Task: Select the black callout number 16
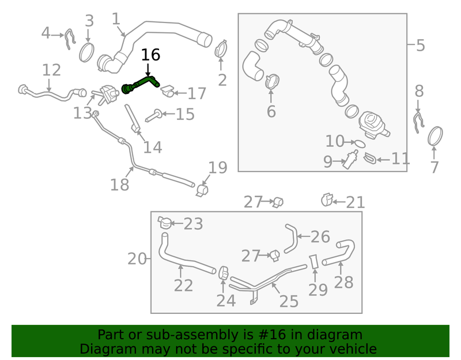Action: point(150,55)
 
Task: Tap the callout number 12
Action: point(51,70)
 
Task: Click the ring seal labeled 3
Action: point(87,52)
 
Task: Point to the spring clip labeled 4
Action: point(70,39)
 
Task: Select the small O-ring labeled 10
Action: point(360,143)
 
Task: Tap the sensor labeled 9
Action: point(350,160)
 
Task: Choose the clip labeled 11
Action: point(370,158)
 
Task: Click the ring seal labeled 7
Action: point(435,136)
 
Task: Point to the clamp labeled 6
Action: point(272,81)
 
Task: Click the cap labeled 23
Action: point(165,222)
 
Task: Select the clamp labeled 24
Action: point(224,273)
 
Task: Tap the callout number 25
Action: point(289,301)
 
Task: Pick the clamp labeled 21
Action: point(327,200)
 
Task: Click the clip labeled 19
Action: point(202,191)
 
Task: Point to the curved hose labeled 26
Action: point(292,238)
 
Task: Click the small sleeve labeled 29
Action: point(313,262)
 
